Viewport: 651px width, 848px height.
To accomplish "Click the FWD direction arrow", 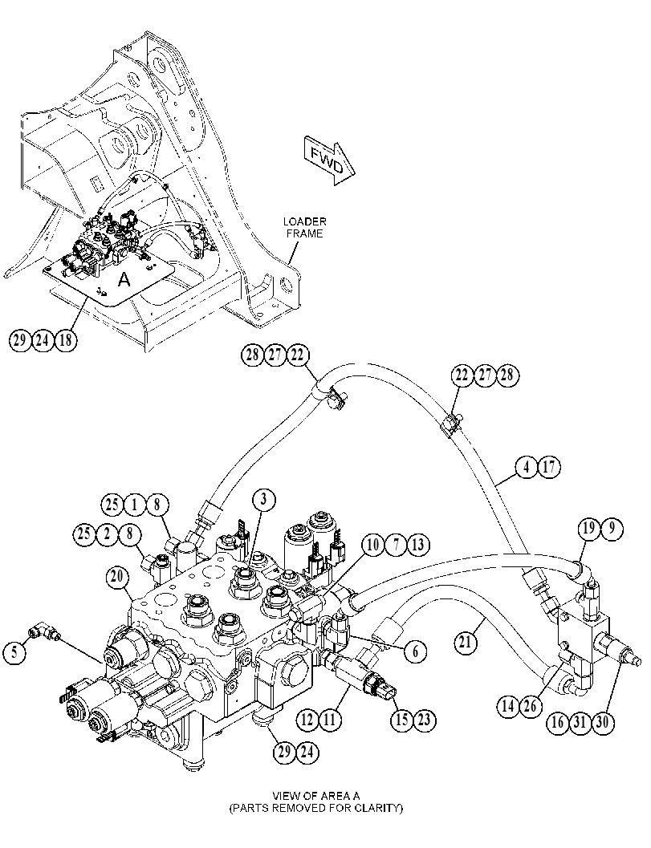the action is [328, 161].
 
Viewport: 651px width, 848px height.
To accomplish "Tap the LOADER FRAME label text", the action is [305, 227].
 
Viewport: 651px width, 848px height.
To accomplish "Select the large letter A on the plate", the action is [124, 279].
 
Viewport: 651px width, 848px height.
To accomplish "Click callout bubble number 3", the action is [263, 501].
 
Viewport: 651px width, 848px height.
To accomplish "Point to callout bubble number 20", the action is [118, 578].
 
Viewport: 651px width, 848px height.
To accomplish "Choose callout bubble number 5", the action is [14, 651].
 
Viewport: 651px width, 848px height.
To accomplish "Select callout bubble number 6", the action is [416, 651].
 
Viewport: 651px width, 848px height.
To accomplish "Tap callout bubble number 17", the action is [549, 467].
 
